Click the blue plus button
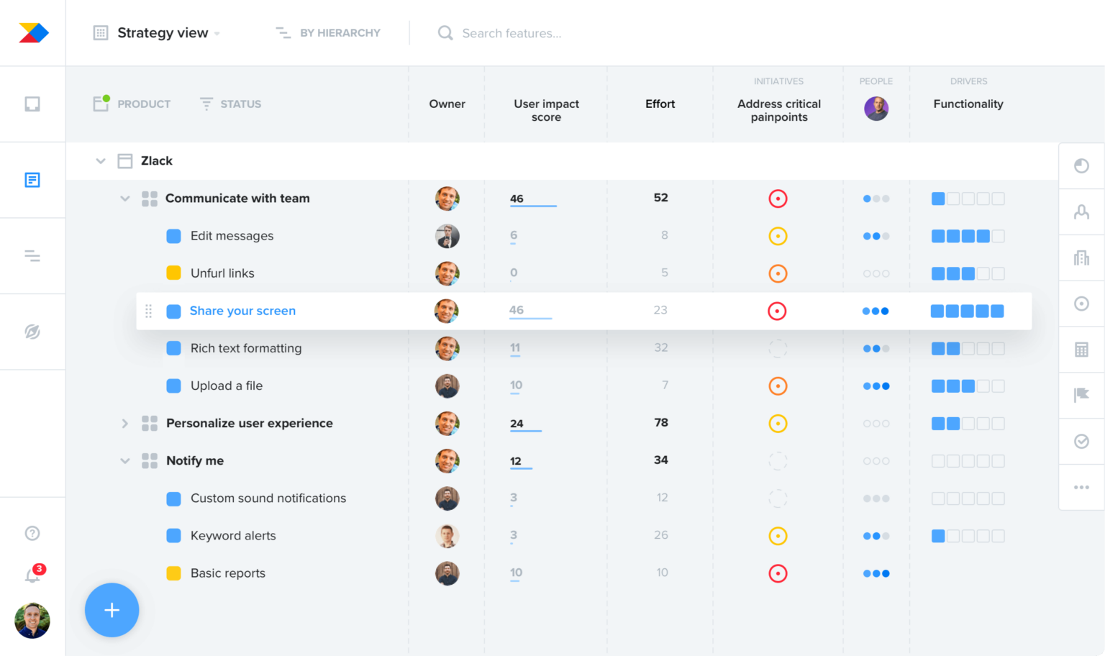click(112, 610)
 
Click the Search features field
click(511, 33)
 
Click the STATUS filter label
click(240, 104)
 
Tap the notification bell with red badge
click(33, 575)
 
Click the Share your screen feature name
click(242, 311)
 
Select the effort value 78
click(661, 423)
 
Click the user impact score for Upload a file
click(516, 386)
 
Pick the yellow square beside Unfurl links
click(173, 273)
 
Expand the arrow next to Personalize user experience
click(124, 424)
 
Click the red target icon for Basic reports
click(778, 573)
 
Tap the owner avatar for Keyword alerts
click(447, 536)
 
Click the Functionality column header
click(968, 104)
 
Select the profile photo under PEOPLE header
click(876, 109)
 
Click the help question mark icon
click(32, 533)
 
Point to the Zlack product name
click(156, 161)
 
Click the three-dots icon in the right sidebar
click(1081, 488)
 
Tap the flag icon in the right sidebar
click(1081, 395)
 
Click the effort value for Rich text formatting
click(661, 348)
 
